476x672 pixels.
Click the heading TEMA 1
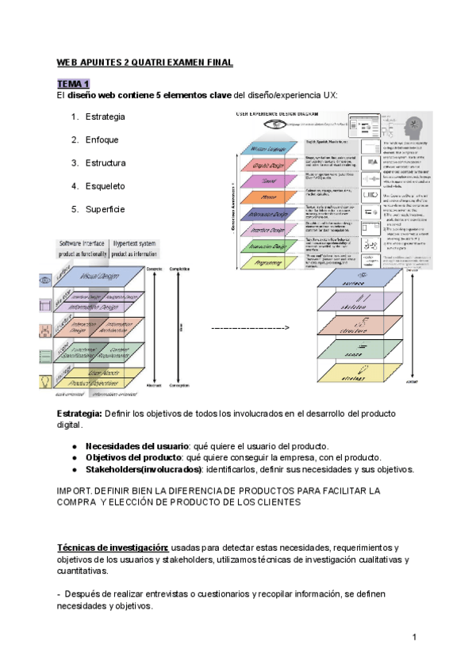(74, 84)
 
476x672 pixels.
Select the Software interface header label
(106, 245)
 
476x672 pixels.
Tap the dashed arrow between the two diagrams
(249, 327)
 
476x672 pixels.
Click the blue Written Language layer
(291, 148)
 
